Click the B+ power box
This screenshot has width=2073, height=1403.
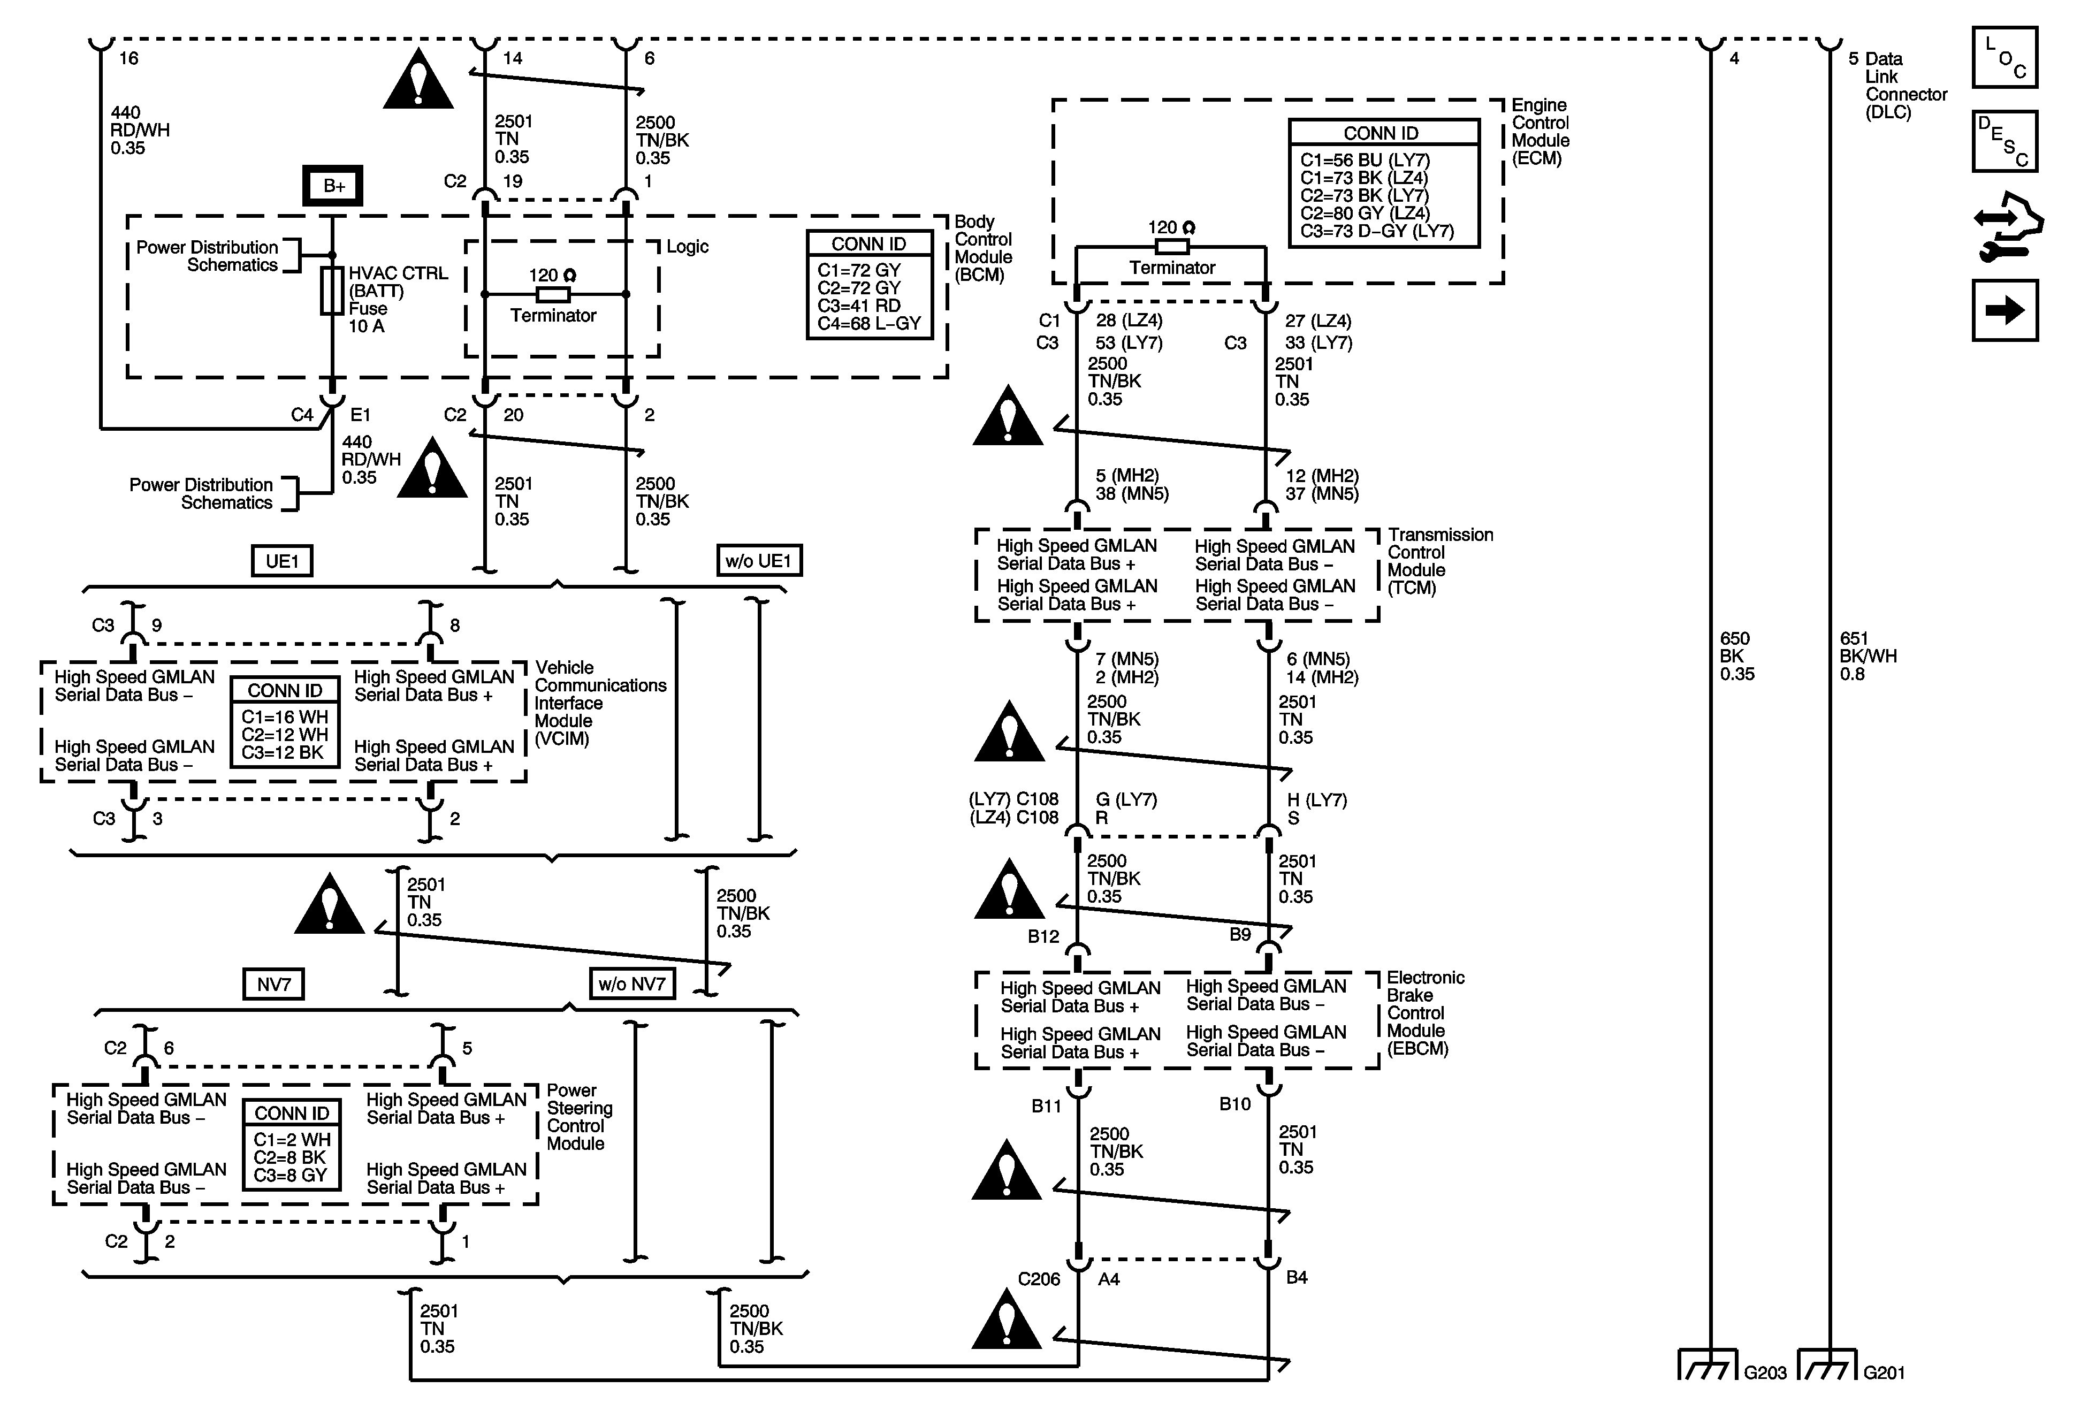tap(333, 186)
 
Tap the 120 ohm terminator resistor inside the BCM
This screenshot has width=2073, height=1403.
tap(553, 294)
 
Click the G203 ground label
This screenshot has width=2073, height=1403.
tap(1765, 1372)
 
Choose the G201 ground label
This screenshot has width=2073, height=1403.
tap(1884, 1372)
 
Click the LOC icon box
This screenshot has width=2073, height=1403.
tap(2005, 57)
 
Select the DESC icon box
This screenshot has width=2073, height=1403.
tap(2005, 141)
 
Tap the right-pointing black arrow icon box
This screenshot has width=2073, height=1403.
tap(2005, 310)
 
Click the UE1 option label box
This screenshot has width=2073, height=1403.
tap(282, 561)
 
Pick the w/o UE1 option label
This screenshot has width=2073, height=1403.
tap(759, 560)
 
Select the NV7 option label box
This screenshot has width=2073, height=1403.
tap(274, 984)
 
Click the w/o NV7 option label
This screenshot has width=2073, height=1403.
tap(632, 984)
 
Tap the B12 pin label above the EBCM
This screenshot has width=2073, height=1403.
tap(1043, 936)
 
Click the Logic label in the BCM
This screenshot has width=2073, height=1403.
tap(688, 246)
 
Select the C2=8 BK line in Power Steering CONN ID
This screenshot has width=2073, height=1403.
tap(290, 1158)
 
